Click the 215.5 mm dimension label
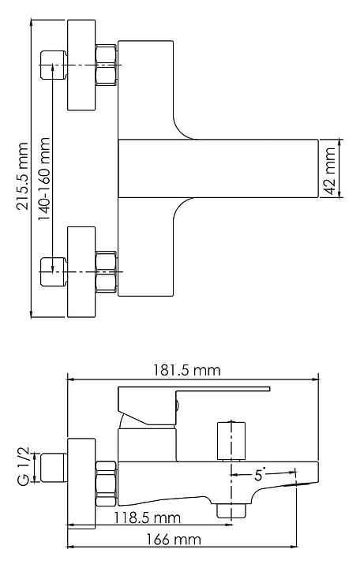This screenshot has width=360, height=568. click(x=22, y=176)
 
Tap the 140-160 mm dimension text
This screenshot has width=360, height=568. click(x=43, y=179)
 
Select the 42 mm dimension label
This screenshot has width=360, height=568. click(x=329, y=170)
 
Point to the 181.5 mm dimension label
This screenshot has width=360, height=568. click(x=186, y=370)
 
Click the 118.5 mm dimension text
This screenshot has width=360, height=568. click(x=147, y=518)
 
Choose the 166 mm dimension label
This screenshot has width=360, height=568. click(x=174, y=540)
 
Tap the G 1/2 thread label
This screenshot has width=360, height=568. click(x=23, y=467)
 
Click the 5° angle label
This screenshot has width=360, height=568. click(x=260, y=475)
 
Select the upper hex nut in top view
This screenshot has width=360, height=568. click(x=107, y=65)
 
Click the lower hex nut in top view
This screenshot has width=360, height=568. click(x=107, y=272)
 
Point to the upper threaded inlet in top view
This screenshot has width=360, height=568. click(x=54, y=65)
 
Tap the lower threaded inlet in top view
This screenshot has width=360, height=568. click(x=54, y=272)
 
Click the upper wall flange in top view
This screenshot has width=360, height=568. click(x=81, y=65)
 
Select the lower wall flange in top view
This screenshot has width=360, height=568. click(x=81, y=272)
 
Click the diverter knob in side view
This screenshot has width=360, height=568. click(x=231, y=441)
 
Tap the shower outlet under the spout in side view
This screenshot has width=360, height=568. click(x=231, y=510)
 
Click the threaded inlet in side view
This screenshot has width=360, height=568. click(x=54, y=467)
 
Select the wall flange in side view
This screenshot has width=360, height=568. click(x=81, y=483)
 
